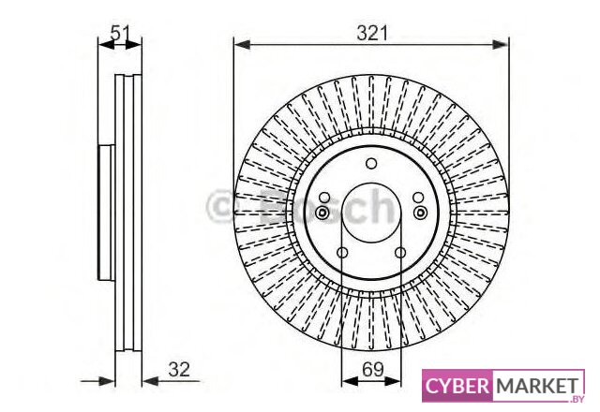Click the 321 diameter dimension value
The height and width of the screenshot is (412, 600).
(372, 33)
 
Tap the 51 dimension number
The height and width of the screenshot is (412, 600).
(121, 33)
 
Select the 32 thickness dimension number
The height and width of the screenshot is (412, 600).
(179, 369)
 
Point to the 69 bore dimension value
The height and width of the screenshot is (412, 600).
(373, 369)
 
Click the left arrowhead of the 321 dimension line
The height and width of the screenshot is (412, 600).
(242, 45)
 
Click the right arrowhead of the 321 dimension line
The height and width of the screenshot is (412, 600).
(501, 45)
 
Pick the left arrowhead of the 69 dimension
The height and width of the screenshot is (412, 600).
(350, 381)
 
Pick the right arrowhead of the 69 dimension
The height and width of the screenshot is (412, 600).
(393, 381)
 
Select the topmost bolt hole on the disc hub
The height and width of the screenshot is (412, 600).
(371, 164)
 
